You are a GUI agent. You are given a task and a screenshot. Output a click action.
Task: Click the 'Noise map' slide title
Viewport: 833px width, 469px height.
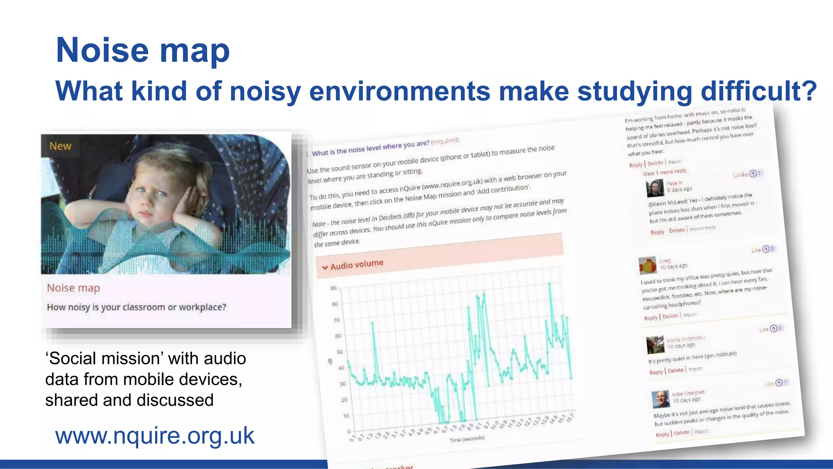(x=143, y=50)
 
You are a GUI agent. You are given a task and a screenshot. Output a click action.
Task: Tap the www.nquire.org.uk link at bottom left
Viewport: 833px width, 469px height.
(x=155, y=436)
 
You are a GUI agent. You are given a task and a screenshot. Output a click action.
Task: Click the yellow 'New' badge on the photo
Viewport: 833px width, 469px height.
(x=60, y=146)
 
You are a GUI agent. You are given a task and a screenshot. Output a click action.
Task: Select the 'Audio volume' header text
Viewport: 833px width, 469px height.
(x=357, y=265)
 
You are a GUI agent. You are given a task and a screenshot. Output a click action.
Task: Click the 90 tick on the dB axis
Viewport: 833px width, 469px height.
(x=334, y=288)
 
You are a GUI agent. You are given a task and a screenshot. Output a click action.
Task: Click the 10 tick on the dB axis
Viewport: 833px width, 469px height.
(x=346, y=416)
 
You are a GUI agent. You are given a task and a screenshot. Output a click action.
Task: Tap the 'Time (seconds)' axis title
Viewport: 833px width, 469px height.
(x=467, y=439)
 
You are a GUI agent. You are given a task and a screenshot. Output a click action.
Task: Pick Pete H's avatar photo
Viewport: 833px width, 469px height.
(x=655, y=188)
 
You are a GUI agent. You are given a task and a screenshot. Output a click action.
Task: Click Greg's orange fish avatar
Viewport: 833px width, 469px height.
(x=648, y=265)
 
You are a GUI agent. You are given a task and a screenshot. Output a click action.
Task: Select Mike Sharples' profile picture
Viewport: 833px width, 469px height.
(x=661, y=399)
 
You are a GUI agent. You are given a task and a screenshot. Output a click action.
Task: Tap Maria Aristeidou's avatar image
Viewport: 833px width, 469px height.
(x=655, y=344)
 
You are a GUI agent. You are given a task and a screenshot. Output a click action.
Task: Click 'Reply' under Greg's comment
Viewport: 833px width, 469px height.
(x=651, y=318)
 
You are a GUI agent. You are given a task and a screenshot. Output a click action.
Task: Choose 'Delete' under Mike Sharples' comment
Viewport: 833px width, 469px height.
(x=682, y=433)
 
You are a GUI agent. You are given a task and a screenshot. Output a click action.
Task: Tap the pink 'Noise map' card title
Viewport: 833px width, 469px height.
(x=73, y=288)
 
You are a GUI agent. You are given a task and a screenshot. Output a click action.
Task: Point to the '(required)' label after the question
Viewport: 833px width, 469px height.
(x=445, y=141)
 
